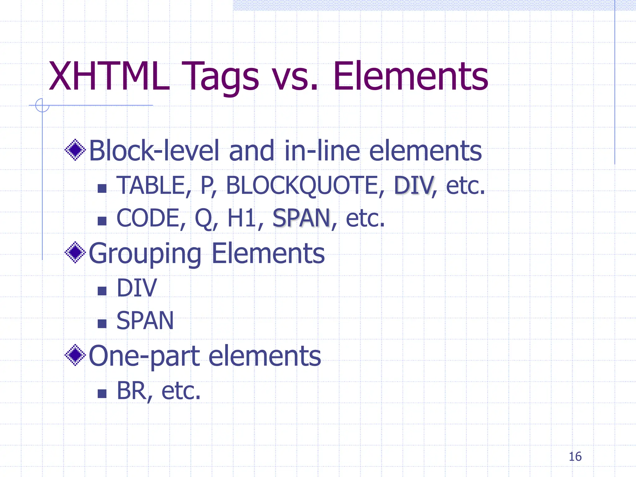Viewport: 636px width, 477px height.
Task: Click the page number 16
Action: [575, 457]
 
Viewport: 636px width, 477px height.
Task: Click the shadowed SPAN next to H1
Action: [301, 218]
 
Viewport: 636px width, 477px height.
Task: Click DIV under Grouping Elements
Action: [137, 288]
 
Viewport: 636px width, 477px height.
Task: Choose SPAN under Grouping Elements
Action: [145, 321]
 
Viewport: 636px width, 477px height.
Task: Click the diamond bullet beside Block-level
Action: [75, 150]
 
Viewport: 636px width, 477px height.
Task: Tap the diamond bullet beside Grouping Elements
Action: [75, 252]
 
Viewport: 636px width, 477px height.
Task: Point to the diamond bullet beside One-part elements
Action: [75, 355]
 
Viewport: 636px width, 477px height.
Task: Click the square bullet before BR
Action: [102, 394]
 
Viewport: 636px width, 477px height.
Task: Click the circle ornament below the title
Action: [42, 105]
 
